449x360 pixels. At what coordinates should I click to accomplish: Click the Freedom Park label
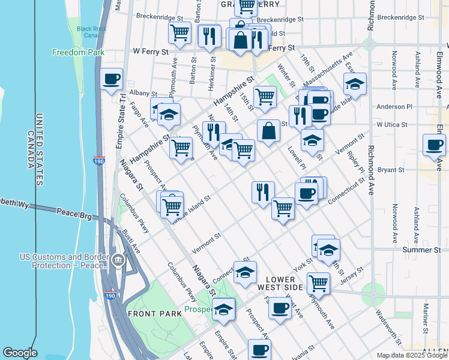78,52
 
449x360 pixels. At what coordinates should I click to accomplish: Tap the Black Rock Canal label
91,32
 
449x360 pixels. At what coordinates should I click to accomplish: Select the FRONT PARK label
151,314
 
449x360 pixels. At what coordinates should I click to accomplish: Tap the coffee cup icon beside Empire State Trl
111,79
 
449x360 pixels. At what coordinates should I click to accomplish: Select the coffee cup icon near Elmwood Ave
434,145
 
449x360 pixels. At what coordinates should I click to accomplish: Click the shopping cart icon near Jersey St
318,282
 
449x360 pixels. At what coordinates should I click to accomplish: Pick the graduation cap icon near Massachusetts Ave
355,83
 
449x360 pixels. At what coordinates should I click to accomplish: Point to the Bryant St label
391,170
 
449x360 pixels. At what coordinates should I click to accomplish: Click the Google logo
20,353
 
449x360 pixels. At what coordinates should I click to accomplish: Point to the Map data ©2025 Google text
412,355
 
